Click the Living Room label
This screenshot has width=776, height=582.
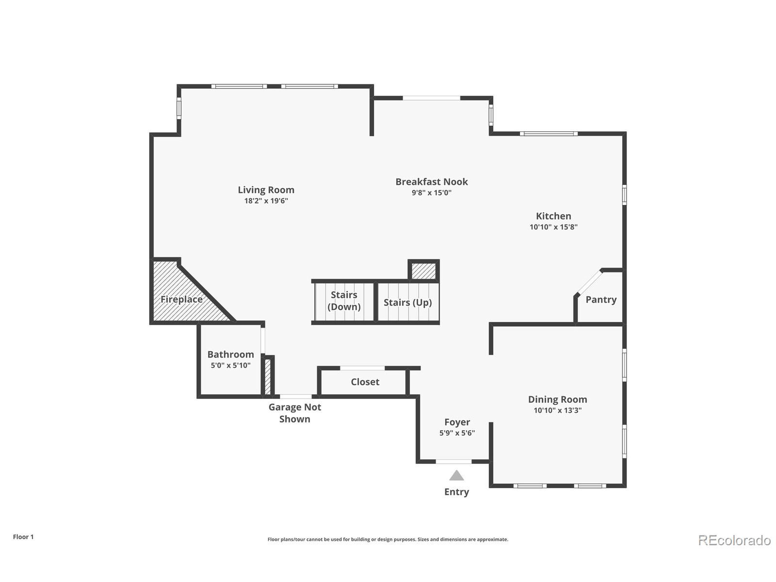click(266, 190)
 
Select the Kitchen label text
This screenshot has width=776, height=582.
click(553, 216)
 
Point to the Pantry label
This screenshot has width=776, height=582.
click(601, 299)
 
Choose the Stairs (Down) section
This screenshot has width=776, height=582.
click(344, 301)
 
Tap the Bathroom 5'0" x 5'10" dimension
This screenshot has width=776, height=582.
click(230, 365)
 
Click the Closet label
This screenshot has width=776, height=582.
click(365, 382)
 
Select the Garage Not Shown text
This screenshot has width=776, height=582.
click(295, 413)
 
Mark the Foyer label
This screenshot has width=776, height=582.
click(457, 422)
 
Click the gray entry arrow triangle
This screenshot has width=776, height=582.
click(457, 476)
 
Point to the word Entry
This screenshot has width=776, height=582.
click(457, 492)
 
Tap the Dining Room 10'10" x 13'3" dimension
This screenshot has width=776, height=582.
click(557, 410)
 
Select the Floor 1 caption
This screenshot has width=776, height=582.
click(23, 537)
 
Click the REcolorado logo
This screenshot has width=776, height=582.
click(734, 540)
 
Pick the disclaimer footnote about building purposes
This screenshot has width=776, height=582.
click(388, 539)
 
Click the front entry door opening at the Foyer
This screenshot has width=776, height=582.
click(453, 461)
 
